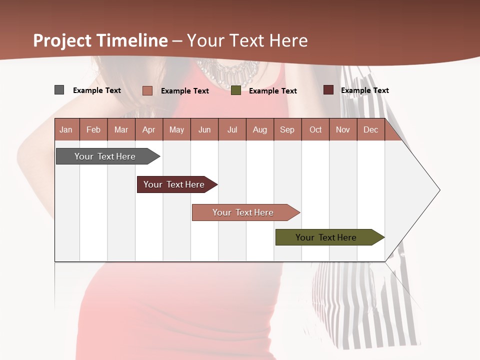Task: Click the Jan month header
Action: click(66, 129)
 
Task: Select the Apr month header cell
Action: click(149, 129)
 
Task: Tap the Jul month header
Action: click(232, 129)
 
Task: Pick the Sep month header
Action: click(287, 129)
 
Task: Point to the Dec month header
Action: click(370, 129)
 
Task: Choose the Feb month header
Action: click(93, 129)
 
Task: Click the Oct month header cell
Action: click(315, 129)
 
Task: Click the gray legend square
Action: click(59, 90)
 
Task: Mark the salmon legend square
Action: click(147, 90)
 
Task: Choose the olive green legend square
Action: click(236, 90)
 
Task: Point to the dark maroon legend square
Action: click(328, 90)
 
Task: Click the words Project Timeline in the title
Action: click(100, 40)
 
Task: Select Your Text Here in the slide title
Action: click(247, 40)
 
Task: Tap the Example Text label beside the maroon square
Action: click(364, 90)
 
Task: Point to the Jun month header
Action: click(204, 129)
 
